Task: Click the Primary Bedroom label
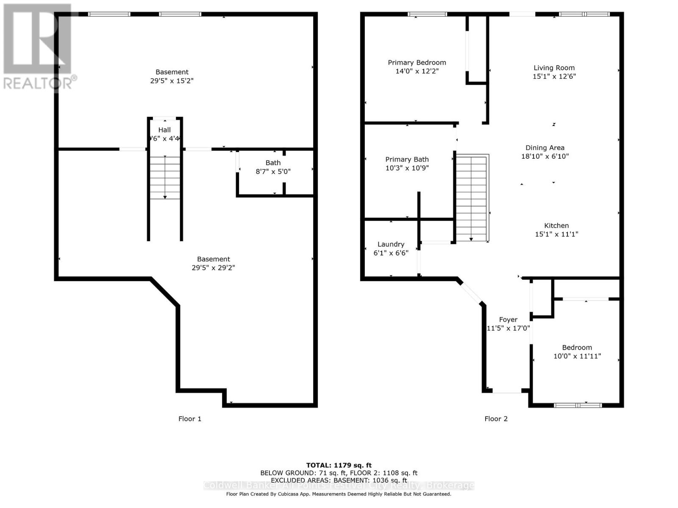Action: (x=417, y=63)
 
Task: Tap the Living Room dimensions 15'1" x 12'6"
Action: (x=554, y=77)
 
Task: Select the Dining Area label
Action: (x=545, y=148)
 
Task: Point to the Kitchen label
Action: (x=556, y=226)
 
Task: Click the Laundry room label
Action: (x=391, y=244)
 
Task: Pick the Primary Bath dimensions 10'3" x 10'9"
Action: (x=407, y=168)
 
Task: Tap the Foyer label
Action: (x=508, y=320)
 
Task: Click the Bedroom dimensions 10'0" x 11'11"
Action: (x=577, y=356)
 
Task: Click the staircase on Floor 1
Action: (x=165, y=177)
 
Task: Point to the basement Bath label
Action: (x=273, y=163)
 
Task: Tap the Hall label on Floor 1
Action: (x=164, y=130)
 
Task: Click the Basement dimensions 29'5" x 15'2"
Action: (x=172, y=81)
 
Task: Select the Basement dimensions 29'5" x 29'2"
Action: (x=213, y=268)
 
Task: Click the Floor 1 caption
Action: (x=189, y=419)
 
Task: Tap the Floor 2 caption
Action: (x=496, y=419)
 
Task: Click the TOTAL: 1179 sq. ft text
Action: (x=339, y=465)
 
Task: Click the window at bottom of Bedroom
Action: (x=578, y=405)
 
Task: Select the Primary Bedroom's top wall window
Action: (x=427, y=14)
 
